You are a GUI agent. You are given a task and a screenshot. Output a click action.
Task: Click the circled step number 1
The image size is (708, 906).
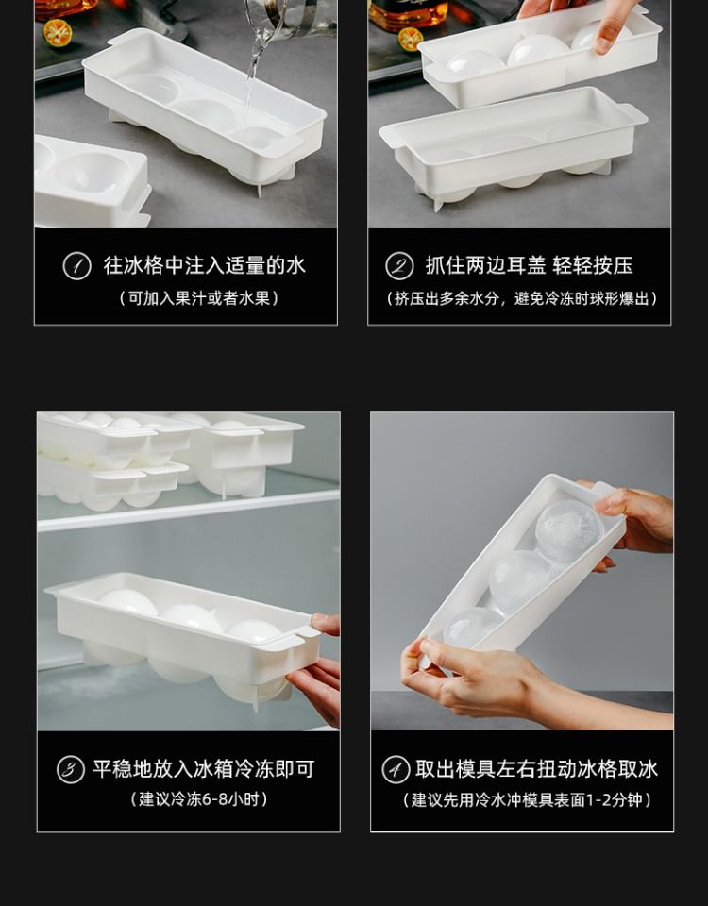(x=76, y=266)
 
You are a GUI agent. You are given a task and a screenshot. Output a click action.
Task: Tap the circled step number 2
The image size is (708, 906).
(x=399, y=266)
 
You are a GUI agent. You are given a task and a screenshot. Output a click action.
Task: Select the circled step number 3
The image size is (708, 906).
(x=71, y=770)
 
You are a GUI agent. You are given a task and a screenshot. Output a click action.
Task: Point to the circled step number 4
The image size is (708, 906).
(x=396, y=770)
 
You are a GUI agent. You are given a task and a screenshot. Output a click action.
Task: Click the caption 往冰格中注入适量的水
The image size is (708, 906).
(x=205, y=265)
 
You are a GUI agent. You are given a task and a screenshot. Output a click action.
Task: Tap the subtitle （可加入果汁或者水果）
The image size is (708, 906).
(x=199, y=298)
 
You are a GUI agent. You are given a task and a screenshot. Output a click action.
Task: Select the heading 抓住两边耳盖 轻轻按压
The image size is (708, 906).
(x=529, y=265)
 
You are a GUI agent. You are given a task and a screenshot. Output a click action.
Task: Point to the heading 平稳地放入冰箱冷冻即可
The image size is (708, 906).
(x=204, y=769)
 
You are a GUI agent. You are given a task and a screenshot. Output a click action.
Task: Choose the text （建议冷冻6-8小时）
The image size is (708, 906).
(x=199, y=799)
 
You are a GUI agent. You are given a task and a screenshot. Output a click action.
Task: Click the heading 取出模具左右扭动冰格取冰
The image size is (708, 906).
(x=536, y=769)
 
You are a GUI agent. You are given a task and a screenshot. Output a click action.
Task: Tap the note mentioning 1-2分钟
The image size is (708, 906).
(x=527, y=799)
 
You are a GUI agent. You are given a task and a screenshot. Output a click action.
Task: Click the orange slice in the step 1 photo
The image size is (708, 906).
(x=58, y=32)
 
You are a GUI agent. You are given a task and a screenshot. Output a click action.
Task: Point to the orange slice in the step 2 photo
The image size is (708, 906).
(x=410, y=39)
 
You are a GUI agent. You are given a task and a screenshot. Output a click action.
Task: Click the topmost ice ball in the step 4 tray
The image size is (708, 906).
(x=568, y=530)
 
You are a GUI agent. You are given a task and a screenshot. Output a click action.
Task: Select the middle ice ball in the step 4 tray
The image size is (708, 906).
(x=521, y=581)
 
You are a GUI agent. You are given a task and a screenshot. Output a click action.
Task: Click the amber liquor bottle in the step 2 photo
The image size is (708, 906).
(x=408, y=14)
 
